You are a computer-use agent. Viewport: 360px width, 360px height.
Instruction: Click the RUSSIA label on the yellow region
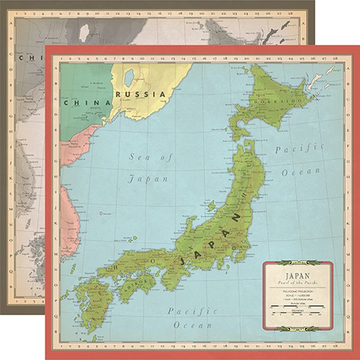(141, 95)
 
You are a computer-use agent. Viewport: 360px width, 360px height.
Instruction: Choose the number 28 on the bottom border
(340, 347)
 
